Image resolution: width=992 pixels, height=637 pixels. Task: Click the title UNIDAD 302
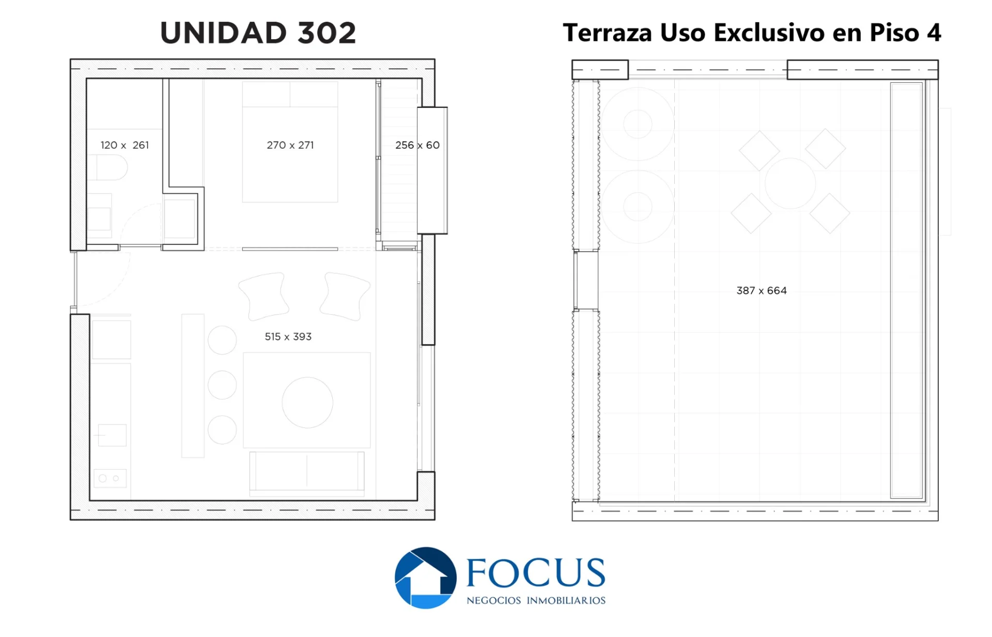pos(258,33)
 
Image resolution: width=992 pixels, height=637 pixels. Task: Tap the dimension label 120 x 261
pos(125,145)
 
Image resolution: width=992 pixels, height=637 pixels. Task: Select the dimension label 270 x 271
pos(290,145)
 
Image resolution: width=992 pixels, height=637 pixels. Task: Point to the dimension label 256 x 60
pos(417,145)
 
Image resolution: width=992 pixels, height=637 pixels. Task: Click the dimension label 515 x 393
pos(288,336)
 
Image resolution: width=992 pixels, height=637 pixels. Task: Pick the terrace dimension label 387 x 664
pos(762,290)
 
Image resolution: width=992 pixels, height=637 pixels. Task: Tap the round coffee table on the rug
pos(307,402)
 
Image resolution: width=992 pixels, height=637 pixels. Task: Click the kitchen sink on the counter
pos(112,435)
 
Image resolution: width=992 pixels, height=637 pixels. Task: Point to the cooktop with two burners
pos(110,478)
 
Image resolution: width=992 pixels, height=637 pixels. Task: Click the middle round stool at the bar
pos(222,385)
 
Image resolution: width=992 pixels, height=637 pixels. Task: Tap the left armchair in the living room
pos(263,296)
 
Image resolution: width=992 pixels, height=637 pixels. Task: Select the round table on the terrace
pos(790,183)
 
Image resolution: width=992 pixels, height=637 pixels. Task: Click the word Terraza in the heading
pos(608,33)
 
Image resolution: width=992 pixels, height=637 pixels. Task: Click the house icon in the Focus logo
pos(425,578)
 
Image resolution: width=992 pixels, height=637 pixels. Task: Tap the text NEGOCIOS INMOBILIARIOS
pos(536,600)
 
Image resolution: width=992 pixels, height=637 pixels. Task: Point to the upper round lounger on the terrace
pos(638,124)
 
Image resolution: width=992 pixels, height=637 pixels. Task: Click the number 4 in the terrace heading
pos(934,33)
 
